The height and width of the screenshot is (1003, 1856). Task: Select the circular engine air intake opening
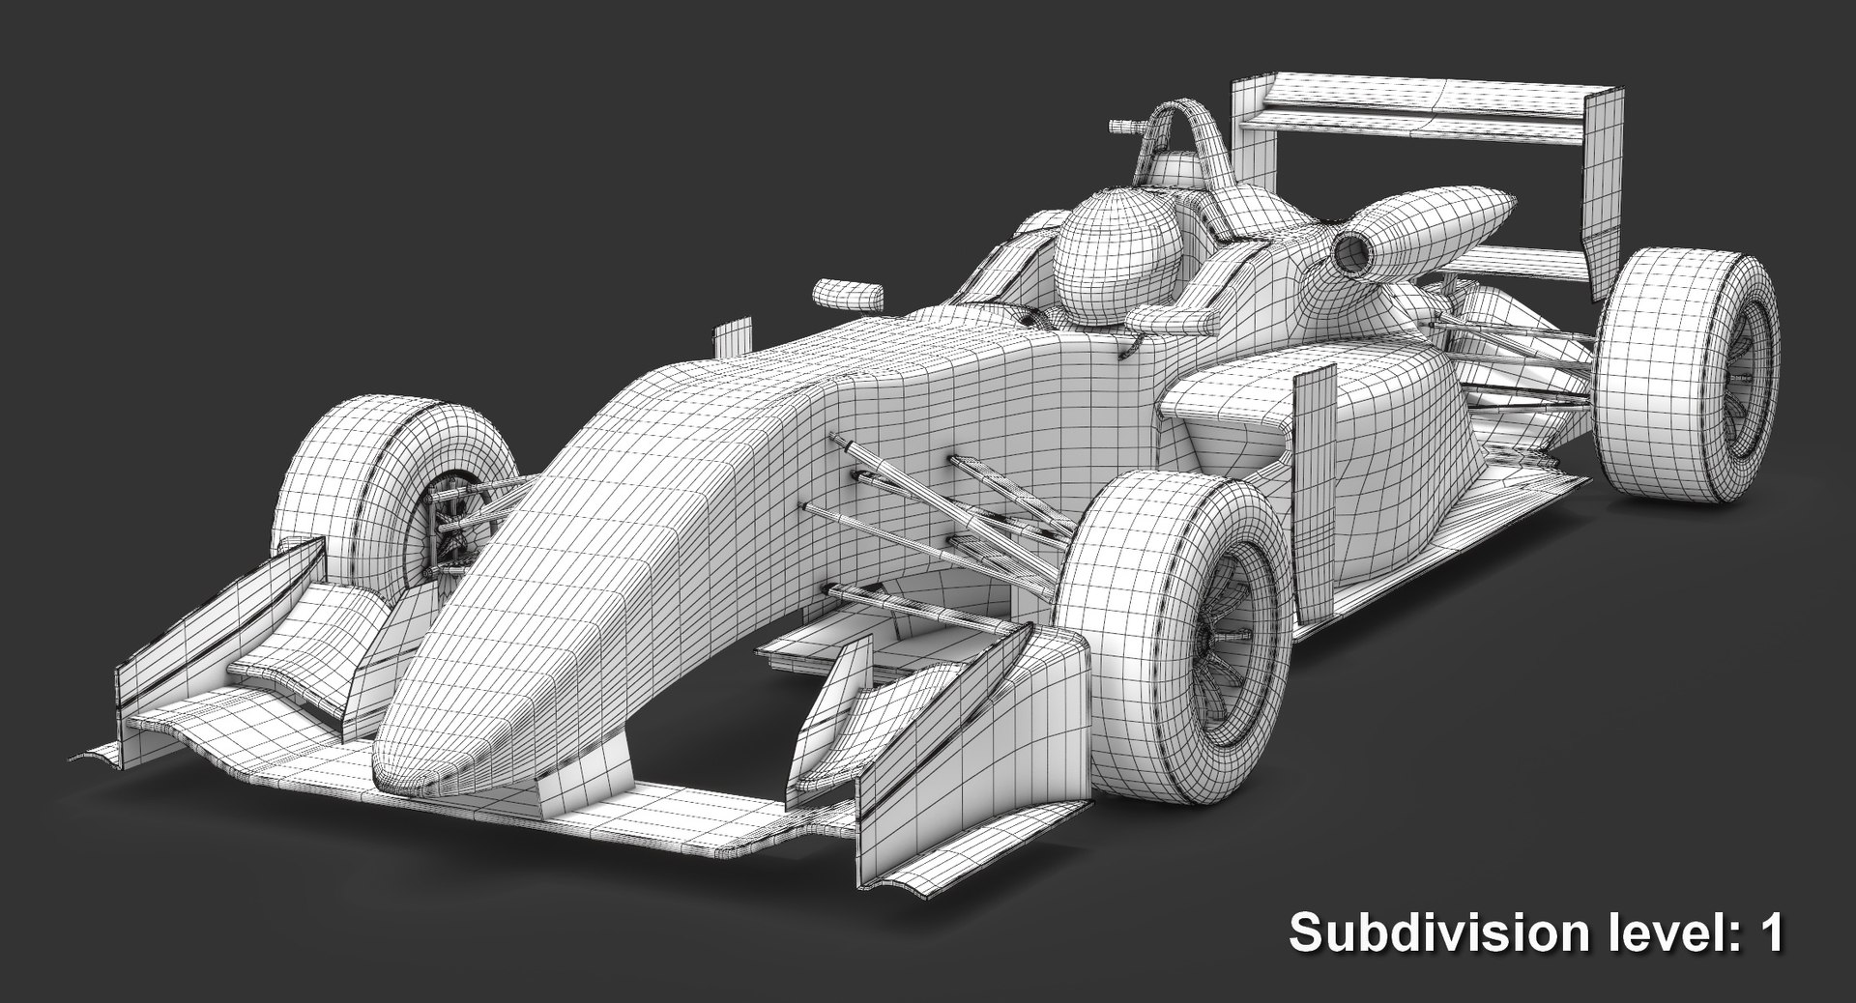tap(1349, 252)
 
